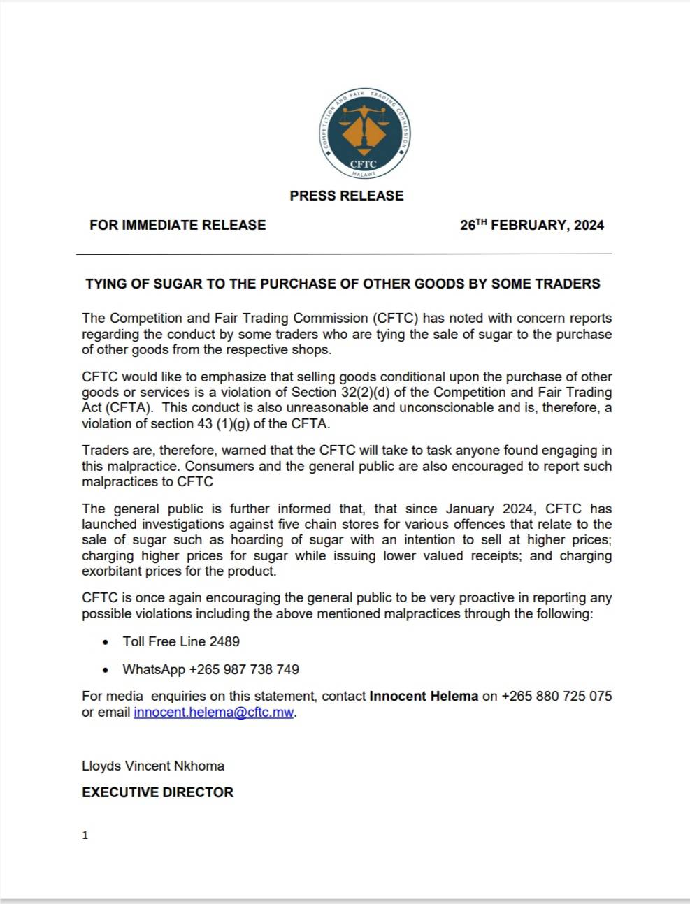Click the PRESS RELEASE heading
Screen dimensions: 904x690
point(347,196)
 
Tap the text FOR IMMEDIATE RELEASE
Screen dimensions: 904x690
point(178,225)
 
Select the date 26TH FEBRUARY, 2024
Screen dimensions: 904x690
point(532,225)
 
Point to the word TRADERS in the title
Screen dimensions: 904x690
point(566,284)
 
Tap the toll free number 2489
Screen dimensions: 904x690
point(224,641)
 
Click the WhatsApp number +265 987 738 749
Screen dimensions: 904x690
point(244,669)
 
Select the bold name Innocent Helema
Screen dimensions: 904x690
point(424,696)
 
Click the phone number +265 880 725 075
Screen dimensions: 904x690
point(556,696)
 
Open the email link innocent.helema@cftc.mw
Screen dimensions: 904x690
point(214,713)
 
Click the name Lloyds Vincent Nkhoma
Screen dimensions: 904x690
point(153,766)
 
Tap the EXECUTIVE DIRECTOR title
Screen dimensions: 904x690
point(157,792)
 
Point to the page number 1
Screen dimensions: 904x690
point(85,835)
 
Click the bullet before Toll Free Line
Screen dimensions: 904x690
point(106,642)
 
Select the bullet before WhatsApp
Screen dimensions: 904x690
point(106,670)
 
